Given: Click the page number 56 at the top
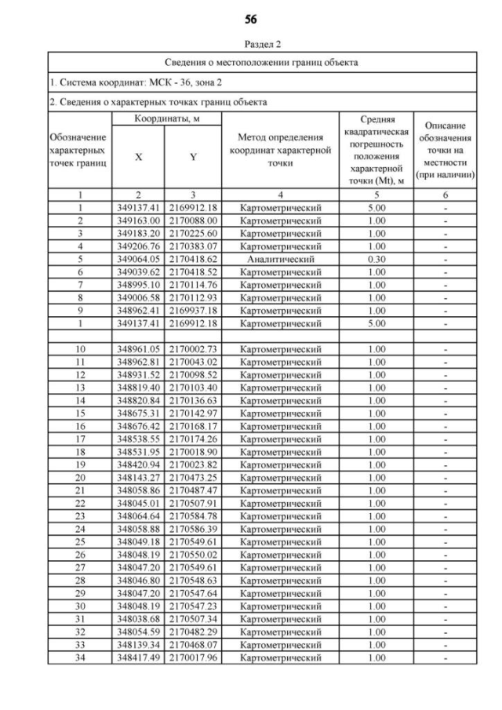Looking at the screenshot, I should click(251, 19).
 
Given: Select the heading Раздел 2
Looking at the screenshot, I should click(251, 45).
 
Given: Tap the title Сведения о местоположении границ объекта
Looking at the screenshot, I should click(262, 62).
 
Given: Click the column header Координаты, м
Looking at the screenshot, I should click(165, 118).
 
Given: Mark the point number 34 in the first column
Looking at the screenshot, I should click(80, 657).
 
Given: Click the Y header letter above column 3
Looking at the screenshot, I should click(192, 156).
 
